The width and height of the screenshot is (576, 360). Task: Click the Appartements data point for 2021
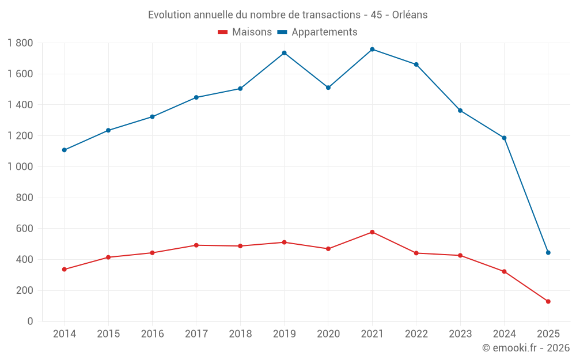coord(372,50)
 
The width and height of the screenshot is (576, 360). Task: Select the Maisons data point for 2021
coord(372,232)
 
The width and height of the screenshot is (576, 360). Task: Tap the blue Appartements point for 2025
coord(548,253)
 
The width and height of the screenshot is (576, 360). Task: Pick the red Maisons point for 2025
coord(548,302)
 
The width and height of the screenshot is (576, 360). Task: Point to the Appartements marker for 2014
coord(64,150)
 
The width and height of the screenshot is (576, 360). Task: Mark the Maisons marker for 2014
coord(64,270)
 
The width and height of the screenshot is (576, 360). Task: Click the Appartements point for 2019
coord(284,53)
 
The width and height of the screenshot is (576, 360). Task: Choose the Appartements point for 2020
coord(328,88)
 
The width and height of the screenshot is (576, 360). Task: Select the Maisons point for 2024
coord(504,271)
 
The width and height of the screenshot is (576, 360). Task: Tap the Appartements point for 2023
coord(460,111)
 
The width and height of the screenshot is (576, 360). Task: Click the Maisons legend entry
coord(245,32)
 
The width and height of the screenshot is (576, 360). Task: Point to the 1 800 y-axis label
coord(20,43)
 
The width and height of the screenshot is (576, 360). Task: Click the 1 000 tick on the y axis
coord(20,167)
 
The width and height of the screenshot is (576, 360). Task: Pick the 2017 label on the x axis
coord(196,334)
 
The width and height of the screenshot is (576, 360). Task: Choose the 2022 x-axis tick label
coord(416,334)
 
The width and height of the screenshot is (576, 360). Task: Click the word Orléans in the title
coord(410,15)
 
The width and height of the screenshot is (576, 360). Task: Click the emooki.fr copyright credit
coord(526,348)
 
